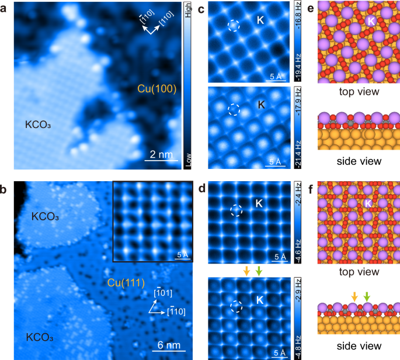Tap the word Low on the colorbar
[x=188, y=160]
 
